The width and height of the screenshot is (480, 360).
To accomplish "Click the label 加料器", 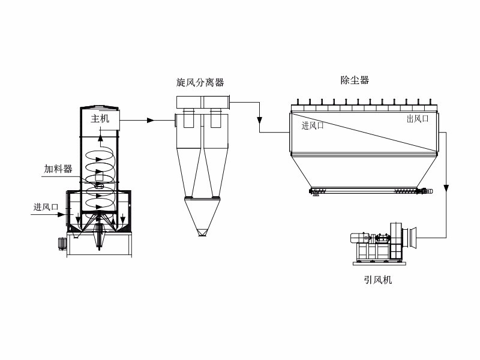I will tap(58, 169).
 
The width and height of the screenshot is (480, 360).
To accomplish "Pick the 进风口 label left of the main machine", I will tap(46, 207).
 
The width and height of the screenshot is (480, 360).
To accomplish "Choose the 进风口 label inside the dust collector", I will tap(313, 125).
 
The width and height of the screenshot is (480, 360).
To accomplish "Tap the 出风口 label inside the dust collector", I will tap(418, 119).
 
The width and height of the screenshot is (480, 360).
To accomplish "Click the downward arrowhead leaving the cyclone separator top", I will tap(259, 117).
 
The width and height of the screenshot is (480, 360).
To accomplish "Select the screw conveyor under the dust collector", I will tap(370, 191).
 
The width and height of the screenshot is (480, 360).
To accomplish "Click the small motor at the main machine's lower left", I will tap(61, 243).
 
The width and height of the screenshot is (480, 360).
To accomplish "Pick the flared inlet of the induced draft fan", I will tap(411, 237).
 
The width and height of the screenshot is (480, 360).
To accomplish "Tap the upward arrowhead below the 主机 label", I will tap(100, 140).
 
